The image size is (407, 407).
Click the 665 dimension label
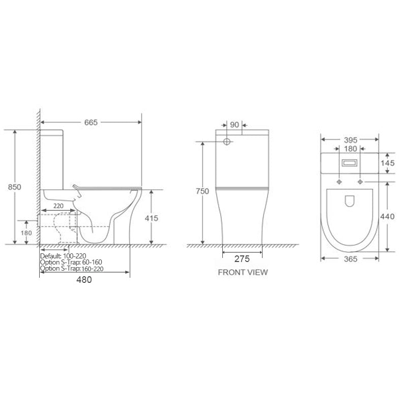91,122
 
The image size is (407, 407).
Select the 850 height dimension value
15,187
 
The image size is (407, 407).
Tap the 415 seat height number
151,218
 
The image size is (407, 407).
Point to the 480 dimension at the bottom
84,279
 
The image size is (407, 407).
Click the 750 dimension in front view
202,191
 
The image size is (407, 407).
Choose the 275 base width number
242,259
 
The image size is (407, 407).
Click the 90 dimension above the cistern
235,125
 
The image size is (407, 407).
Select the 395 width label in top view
351,140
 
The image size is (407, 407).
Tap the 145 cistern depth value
388,163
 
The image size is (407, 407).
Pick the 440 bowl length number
387,216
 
